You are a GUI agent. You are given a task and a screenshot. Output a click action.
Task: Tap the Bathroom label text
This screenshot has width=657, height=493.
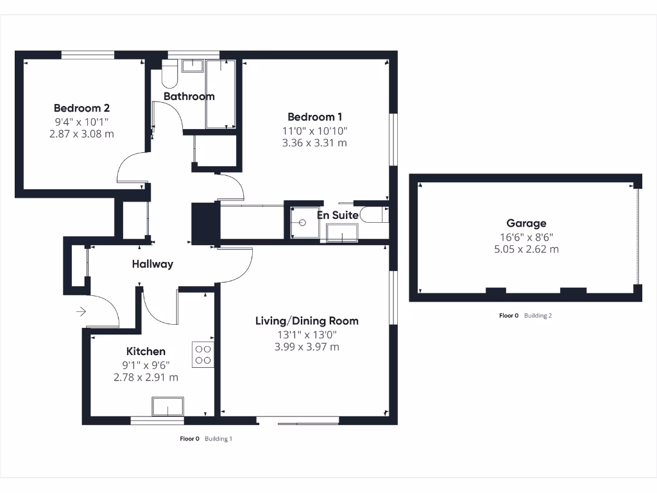tap(189, 96)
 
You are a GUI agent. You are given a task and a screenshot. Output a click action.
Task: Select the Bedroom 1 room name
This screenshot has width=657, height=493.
tap(314, 116)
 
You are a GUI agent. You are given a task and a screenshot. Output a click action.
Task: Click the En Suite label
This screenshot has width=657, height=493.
tap(337, 215)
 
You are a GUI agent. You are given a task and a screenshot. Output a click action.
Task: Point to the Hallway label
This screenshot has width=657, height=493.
tap(153, 263)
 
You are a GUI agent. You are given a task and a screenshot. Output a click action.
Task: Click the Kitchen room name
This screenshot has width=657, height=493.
tap(146, 351)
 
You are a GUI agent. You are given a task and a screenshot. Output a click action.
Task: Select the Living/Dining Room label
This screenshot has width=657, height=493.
tap(307, 320)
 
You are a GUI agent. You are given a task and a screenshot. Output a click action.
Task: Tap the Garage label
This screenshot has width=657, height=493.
tap(526, 223)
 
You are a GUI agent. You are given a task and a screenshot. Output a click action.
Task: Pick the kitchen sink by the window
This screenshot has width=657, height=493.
tap(167, 407)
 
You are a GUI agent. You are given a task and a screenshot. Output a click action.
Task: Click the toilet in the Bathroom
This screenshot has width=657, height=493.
tap(170, 74)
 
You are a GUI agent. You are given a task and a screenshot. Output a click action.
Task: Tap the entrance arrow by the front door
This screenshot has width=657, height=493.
tap(81, 312)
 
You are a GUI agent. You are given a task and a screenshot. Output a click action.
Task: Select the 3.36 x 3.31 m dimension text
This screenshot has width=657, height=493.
tap(314, 143)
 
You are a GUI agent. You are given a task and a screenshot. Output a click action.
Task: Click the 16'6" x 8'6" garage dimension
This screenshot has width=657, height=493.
tap(526, 236)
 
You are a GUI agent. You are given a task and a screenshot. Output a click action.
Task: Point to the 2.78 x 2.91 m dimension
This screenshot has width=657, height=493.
tap(146, 377)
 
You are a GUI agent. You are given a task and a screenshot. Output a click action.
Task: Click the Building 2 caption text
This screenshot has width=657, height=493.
tap(538, 315)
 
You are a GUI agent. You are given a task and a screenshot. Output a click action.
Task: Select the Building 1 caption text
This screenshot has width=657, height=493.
tap(218, 439)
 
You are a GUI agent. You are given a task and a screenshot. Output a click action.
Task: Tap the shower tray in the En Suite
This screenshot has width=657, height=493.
tap(302, 223)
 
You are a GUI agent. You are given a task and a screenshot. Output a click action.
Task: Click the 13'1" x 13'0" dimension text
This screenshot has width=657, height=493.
tap(307, 334)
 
